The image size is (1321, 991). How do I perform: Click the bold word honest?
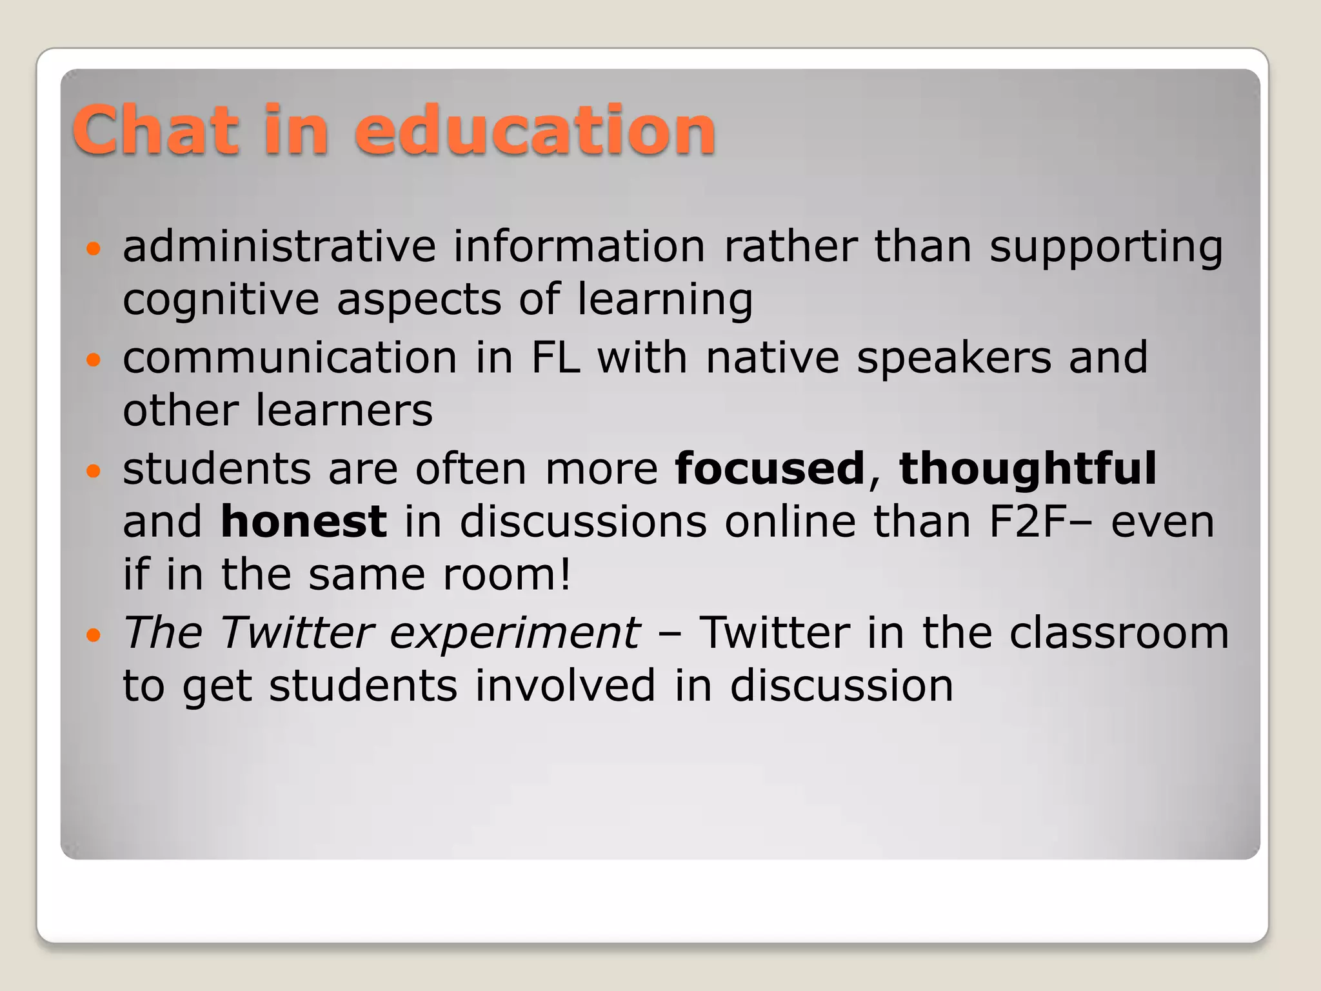coord(304,521)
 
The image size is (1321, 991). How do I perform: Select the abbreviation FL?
coord(555,357)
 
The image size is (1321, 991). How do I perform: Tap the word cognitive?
coord(221,299)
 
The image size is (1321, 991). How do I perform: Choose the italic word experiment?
coord(515,632)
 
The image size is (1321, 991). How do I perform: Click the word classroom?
coord(1119,632)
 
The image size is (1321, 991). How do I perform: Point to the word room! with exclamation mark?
coord(507,574)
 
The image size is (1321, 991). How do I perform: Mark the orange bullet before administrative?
coord(94,248)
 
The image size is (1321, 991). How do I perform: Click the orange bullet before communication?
coord(94,360)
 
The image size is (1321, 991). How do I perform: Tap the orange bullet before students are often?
coord(94,471)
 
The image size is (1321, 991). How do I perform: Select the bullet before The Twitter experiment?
coord(94,635)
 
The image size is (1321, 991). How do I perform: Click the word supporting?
coord(1106,248)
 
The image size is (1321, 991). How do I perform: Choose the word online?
coord(790,521)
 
